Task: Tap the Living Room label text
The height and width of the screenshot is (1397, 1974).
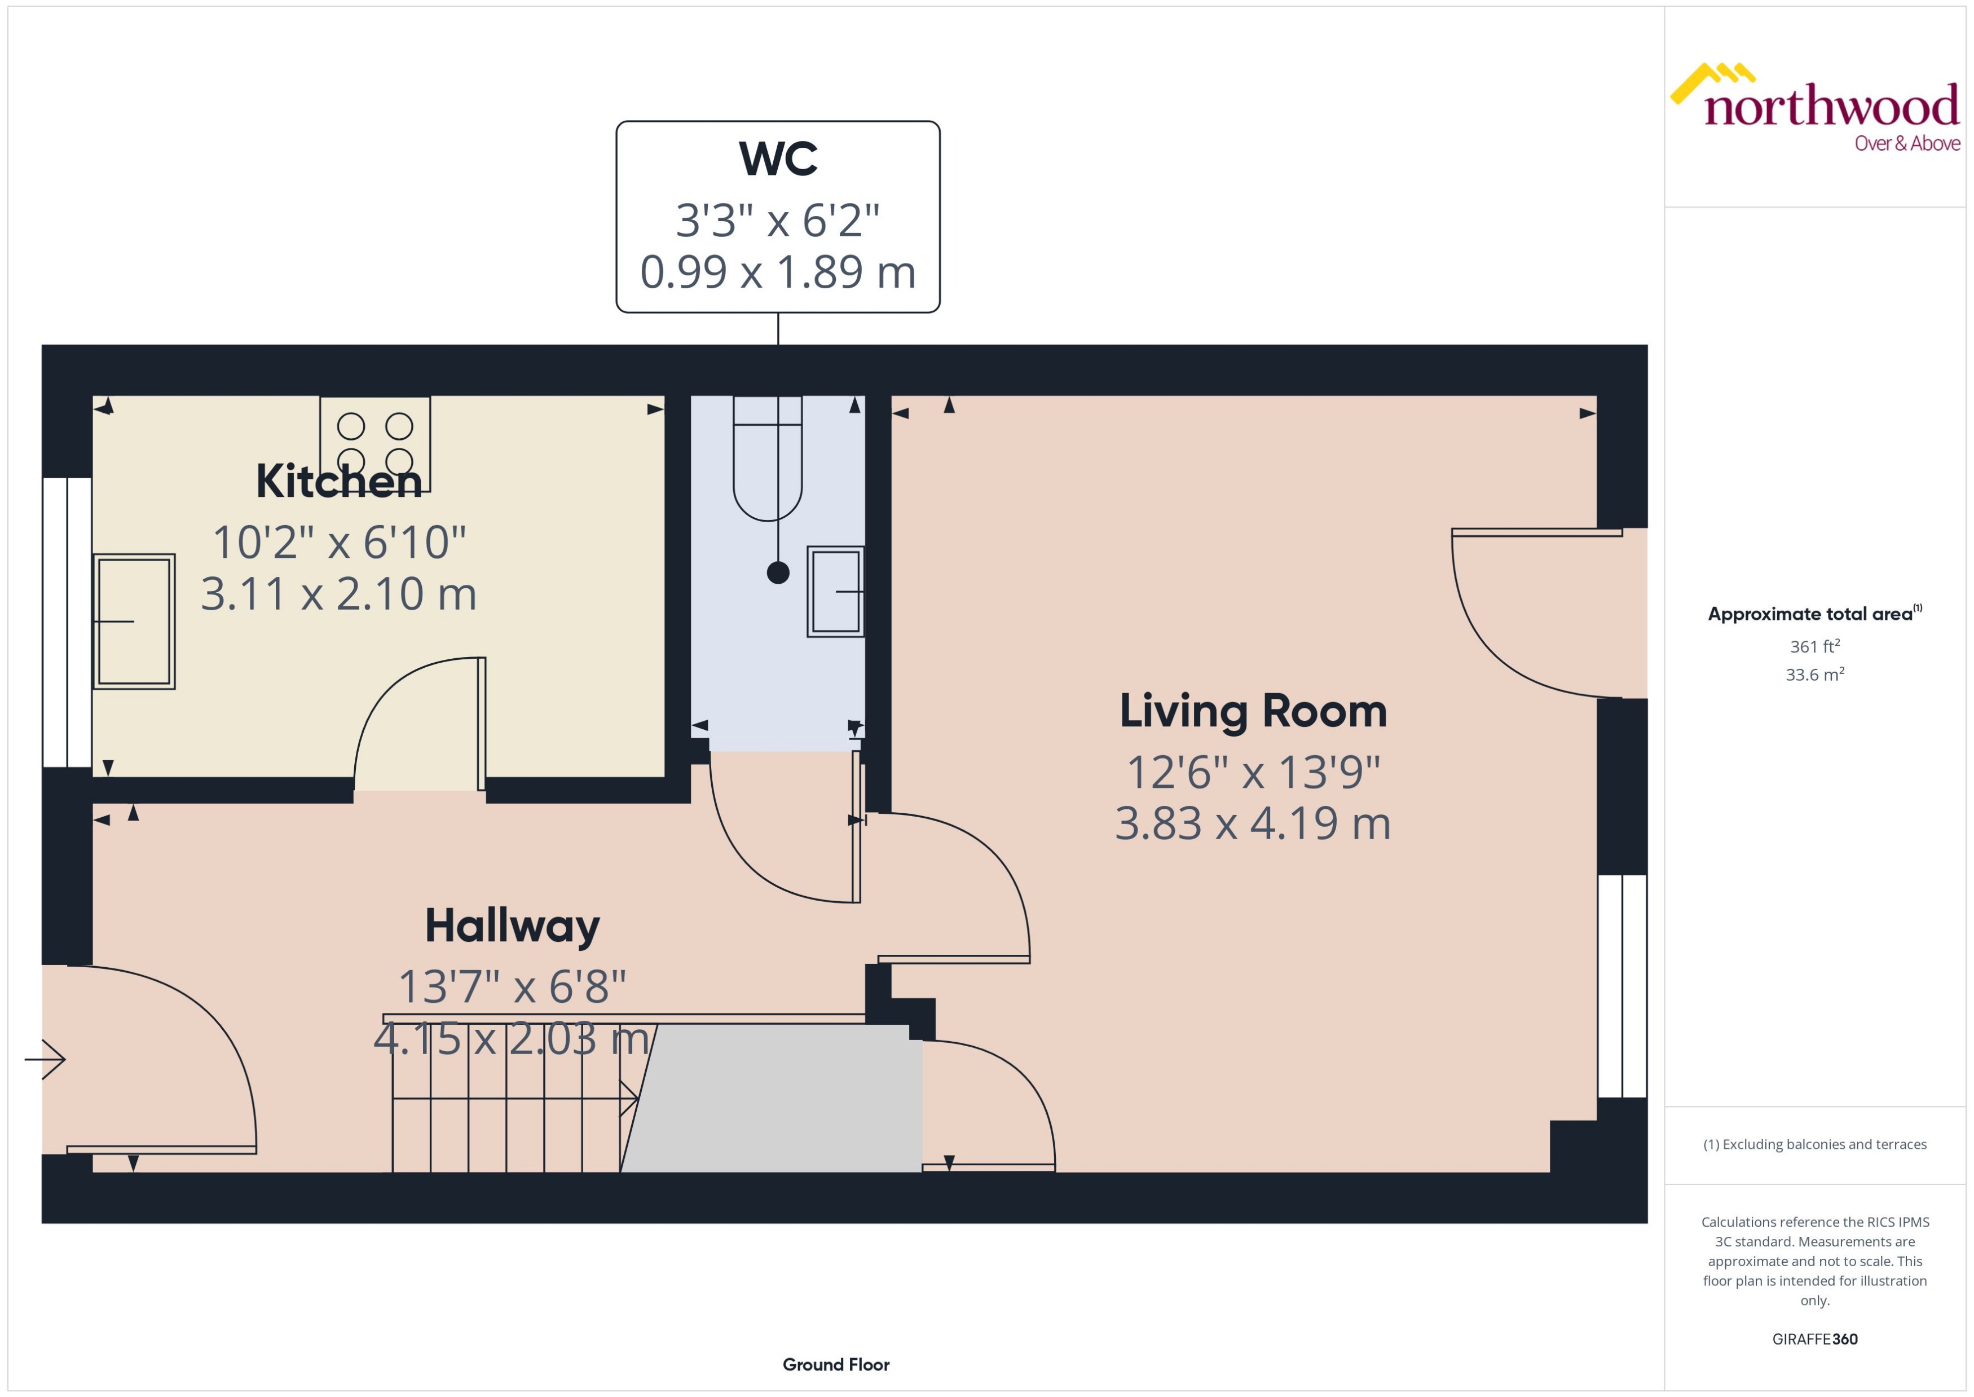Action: tap(1252, 711)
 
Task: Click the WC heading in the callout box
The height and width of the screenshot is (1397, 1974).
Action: tap(778, 159)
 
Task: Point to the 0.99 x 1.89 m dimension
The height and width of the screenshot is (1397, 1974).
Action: tap(778, 272)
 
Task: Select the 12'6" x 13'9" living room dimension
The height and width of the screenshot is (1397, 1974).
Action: tap(1252, 773)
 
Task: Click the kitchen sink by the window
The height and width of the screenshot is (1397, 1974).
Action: tap(134, 621)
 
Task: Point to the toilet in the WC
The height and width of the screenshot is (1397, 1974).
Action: tap(767, 460)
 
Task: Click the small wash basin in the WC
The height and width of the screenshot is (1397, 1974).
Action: tap(835, 592)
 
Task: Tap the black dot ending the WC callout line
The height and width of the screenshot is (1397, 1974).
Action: tap(778, 573)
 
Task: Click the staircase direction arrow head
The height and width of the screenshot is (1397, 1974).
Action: tap(631, 1099)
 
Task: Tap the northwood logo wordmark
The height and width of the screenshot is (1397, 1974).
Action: tap(1830, 108)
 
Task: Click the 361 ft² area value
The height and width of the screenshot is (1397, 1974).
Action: tap(1815, 646)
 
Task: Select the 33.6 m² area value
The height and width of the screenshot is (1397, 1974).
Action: tap(1815, 675)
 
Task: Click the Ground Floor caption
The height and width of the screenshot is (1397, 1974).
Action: tap(835, 1364)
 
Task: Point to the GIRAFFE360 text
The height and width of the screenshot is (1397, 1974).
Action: tap(1815, 1339)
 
